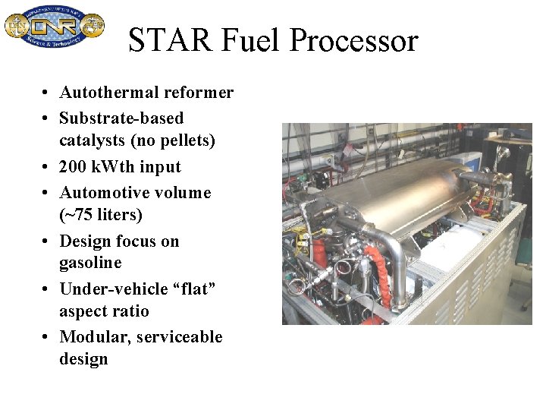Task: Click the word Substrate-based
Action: (121, 118)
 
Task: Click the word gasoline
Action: (90, 263)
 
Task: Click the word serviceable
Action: (180, 336)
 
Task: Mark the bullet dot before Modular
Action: (46, 336)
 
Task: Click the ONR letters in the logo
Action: (55, 27)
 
